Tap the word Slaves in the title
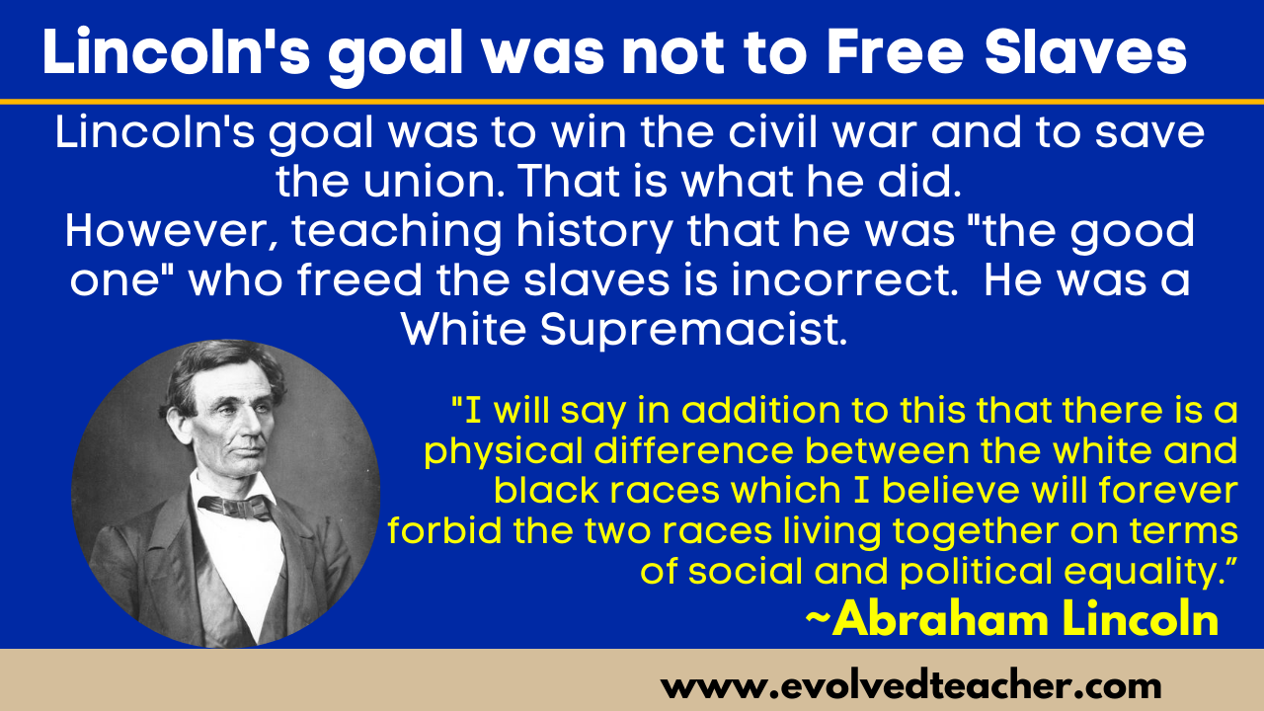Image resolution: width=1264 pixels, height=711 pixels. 1085,51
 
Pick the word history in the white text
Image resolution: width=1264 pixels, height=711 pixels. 594,232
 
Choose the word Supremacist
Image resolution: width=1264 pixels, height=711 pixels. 693,330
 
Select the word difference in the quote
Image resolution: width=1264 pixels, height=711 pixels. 693,450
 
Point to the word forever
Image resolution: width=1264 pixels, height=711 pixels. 1168,491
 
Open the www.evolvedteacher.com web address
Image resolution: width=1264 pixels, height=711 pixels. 910,686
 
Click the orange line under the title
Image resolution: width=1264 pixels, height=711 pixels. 632,102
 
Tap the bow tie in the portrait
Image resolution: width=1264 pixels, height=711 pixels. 235,506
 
